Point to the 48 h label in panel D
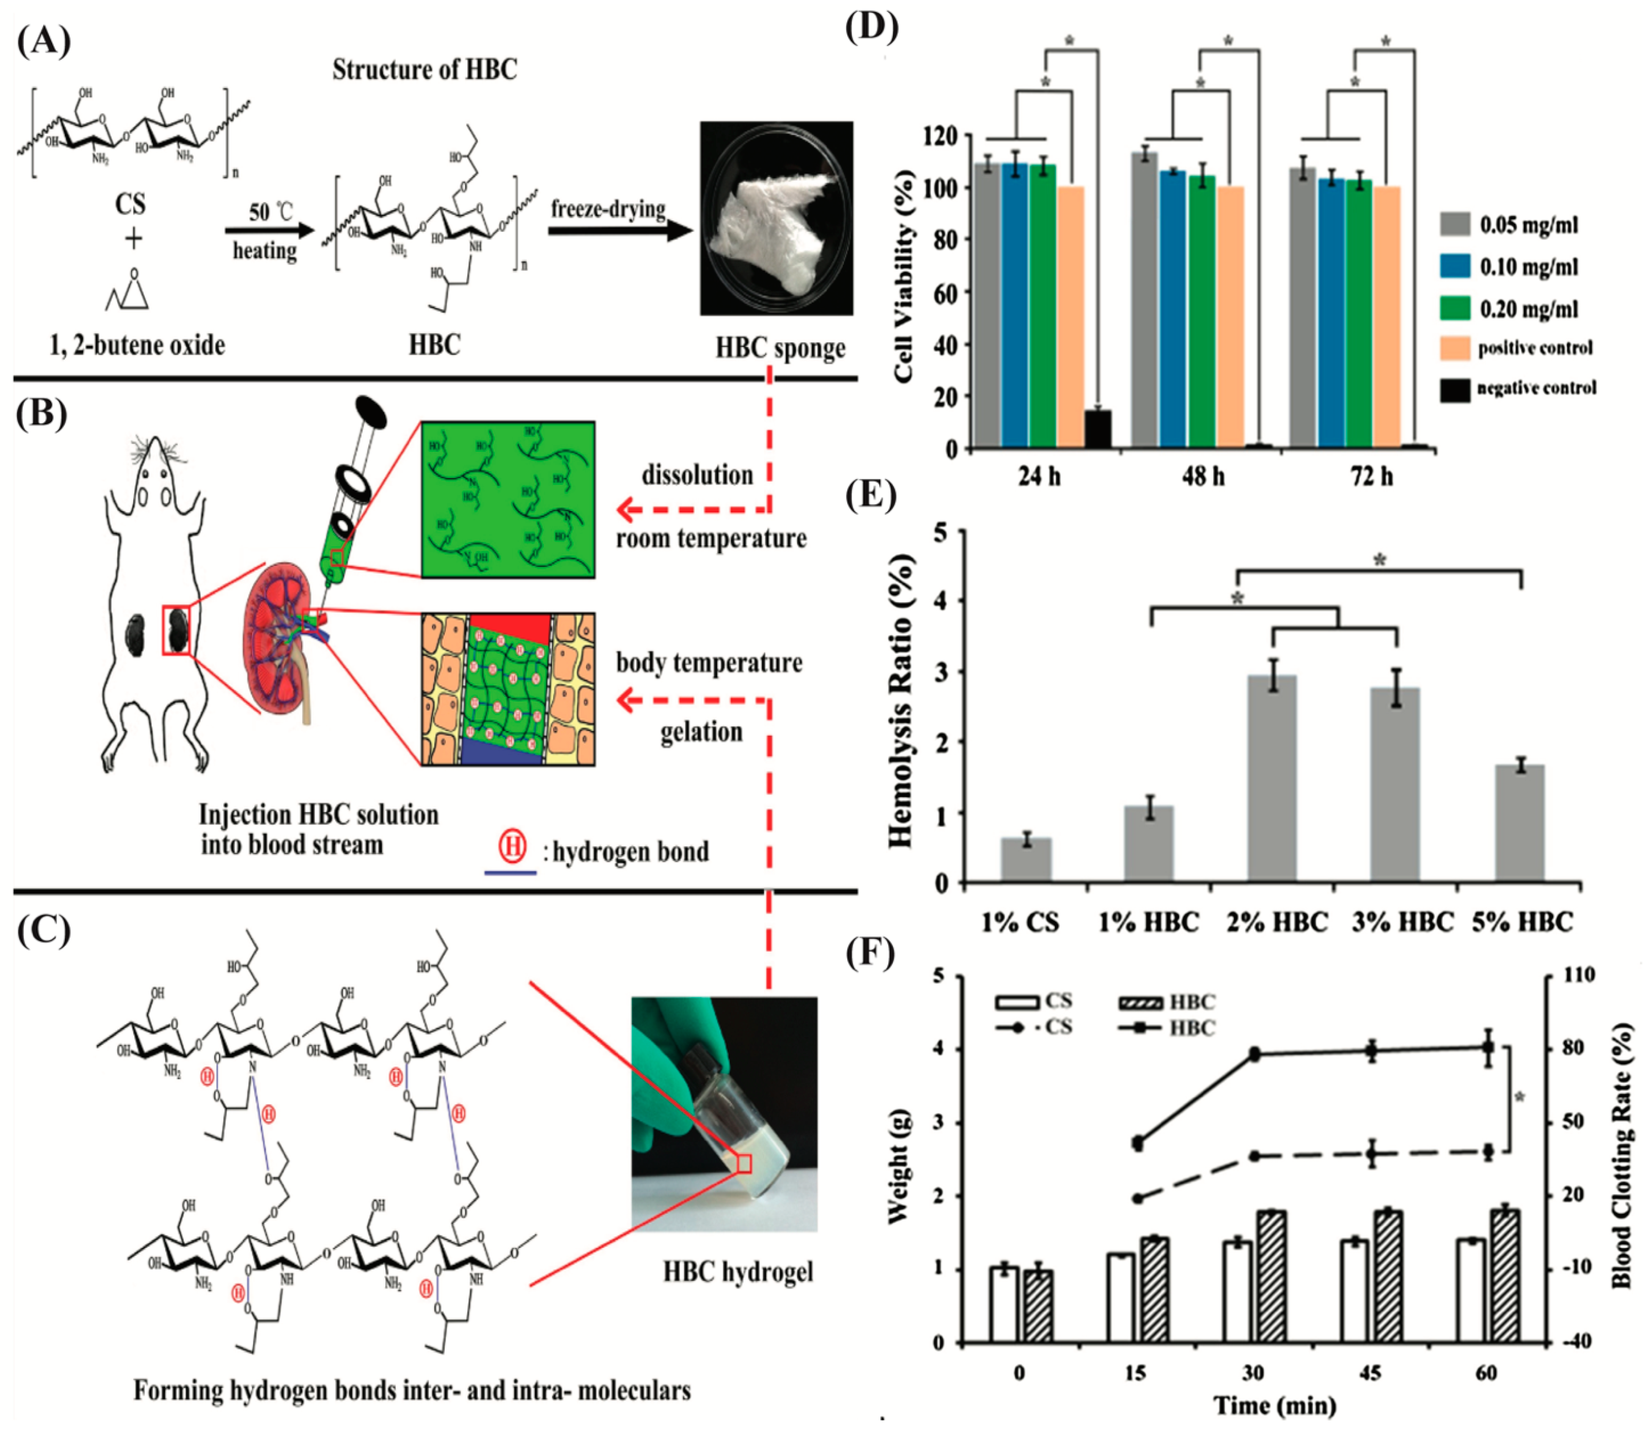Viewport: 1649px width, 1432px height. pyautogui.click(x=1203, y=477)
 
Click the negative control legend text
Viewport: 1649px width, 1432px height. pyautogui.click(x=1536, y=389)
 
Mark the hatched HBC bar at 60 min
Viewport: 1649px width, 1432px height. pyautogui.click(x=1505, y=1275)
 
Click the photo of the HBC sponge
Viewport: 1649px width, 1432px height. pyautogui.click(x=776, y=218)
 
